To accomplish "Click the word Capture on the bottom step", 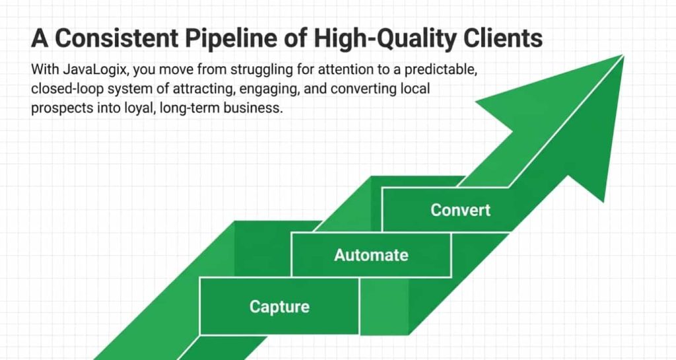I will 279,306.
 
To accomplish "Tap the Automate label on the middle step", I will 371,255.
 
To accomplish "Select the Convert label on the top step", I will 461,210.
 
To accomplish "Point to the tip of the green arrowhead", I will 622,56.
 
